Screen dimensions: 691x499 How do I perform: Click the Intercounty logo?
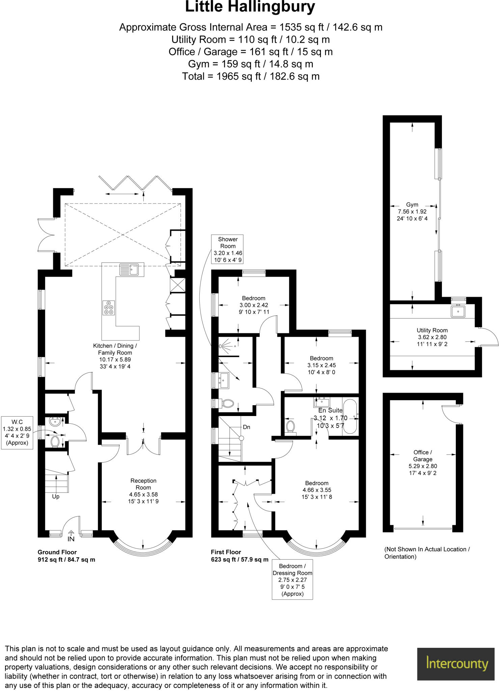(x=457, y=664)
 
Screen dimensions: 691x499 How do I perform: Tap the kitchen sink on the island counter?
(x=129, y=270)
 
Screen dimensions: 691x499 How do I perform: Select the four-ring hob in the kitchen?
(x=109, y=307)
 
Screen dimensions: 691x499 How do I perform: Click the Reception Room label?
(x=143, y=484)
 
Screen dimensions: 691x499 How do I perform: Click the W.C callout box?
(x=17, y=432)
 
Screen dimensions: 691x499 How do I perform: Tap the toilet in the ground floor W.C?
(x=55, y=441)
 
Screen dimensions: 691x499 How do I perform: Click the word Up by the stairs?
(x=56, y=497)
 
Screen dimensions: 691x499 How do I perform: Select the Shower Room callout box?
(x=228, y=249)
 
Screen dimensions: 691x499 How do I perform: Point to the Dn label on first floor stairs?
(x=246, y=427)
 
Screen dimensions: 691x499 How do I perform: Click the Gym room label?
(x=412, y=205)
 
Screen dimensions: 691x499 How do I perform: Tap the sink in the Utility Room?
(x=458, y=311)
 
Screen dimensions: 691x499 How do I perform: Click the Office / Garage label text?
(x=422, y=456)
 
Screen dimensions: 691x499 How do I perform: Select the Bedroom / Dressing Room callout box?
(x=292, y=580)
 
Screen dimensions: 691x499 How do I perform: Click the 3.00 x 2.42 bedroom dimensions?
(x=254, y=305)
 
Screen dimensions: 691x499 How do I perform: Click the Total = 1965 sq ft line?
(x=251, y=77)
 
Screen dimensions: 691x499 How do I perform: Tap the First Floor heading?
(x=226, y=552)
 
